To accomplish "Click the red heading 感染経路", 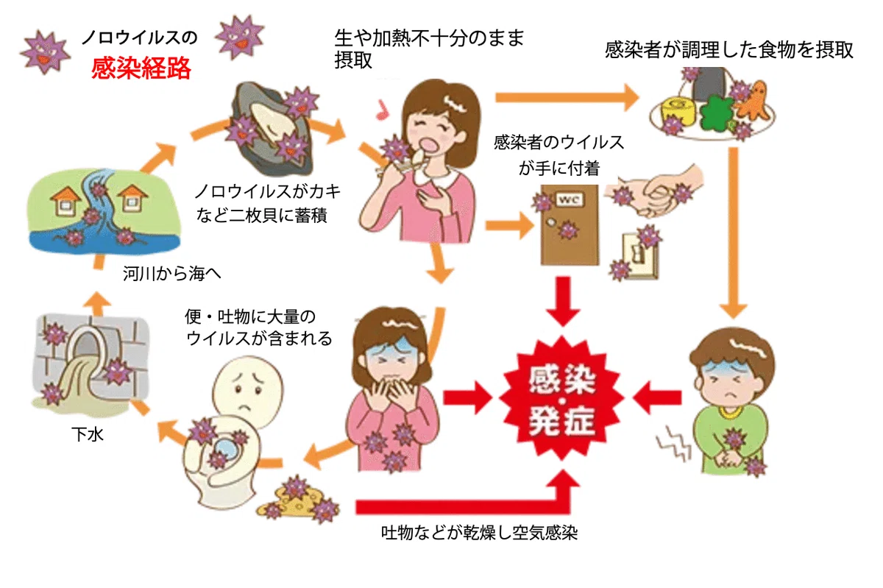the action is [x=141, y=68].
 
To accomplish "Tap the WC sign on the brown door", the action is [x=568, y=199].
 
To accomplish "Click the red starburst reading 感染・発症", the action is [x=561, y=399].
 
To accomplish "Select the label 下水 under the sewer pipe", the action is [x=88, y=434].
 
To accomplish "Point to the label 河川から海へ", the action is [x=171, y=273].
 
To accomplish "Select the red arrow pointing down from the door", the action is [x=564, y=301].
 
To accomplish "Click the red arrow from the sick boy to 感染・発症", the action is [x=657, y=397].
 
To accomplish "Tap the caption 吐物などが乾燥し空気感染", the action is [x=479, y=532].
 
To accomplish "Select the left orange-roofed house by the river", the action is [x=64, y=200].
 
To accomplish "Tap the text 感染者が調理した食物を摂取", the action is [x=728, y=51].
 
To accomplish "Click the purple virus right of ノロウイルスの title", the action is [x=240, y=38].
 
